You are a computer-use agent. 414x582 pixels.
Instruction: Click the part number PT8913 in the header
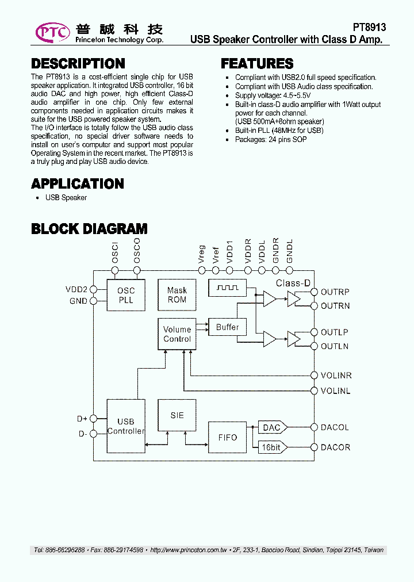369,28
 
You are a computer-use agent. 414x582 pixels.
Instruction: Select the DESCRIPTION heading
78,64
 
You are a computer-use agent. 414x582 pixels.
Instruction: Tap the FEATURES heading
257,64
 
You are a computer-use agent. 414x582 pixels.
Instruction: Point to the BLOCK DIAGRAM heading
89,229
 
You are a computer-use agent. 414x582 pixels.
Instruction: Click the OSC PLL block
126,296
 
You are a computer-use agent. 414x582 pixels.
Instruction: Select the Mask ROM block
177,295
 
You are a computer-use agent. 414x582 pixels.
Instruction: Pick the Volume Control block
177,334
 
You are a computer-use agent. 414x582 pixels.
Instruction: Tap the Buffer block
227,327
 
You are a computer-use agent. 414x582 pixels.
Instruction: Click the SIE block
177,415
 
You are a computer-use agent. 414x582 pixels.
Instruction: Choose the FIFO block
227,437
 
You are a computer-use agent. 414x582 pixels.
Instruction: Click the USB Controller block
126,426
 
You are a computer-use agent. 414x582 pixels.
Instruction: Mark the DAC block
271,427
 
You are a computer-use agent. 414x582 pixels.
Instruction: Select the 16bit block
271,447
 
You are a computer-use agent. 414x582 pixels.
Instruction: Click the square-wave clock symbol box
227,288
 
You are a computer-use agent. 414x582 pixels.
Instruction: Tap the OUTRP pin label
335,292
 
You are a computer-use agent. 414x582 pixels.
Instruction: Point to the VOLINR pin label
336,376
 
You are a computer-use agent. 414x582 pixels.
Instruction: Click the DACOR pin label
335,447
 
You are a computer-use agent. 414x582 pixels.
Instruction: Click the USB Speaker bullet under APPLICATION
66,198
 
